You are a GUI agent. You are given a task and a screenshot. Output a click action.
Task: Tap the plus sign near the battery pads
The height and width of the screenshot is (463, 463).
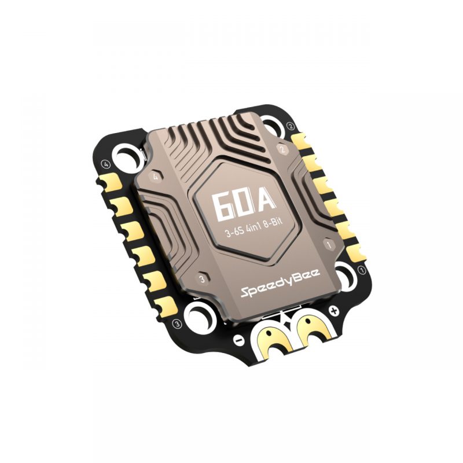pyautogui.click(x=334, y=312)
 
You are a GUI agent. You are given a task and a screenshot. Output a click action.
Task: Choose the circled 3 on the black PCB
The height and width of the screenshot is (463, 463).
pyautogui.click(x=178, y=322)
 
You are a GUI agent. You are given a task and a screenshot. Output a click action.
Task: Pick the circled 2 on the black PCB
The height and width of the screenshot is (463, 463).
pyautogui.click(x=291, y=126)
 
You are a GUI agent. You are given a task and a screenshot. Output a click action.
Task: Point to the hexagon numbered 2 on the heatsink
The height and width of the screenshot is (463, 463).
pyautogui.click(x=282, y=149)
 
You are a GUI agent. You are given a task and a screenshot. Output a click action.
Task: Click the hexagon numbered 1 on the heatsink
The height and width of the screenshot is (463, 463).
pyautogui.click(x=330, y=245)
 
